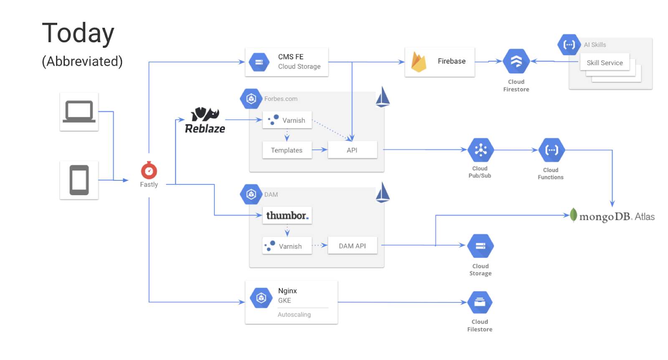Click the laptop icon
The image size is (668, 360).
coord(79,112)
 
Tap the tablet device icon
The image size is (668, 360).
coord(79,180)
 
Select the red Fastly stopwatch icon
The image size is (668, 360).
coord(149,170)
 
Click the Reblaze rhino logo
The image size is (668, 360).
coord(205,114)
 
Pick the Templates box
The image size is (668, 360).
coord(287,150)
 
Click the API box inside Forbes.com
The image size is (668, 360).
coord(352,150)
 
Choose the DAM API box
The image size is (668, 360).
coord(352,246)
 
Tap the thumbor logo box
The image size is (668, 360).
coord(287,215)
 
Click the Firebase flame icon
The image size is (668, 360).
coord(418,62)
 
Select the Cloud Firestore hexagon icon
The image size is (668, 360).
coord(516,61)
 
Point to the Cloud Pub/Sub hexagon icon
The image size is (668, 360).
coord(480,150)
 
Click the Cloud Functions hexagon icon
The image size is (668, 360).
coord(551,150)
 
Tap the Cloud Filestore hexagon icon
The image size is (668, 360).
coord(480,302)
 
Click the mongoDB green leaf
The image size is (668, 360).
coord(574,215)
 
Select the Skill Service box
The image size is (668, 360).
coord(605,63)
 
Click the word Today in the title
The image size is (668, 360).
coord(78,33)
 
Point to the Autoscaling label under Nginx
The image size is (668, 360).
coord(294,314)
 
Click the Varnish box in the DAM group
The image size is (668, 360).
coord(287,246)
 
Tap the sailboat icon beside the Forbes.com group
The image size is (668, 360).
coord(382,97)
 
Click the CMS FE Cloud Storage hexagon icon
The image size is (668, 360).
coord(259,62)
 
